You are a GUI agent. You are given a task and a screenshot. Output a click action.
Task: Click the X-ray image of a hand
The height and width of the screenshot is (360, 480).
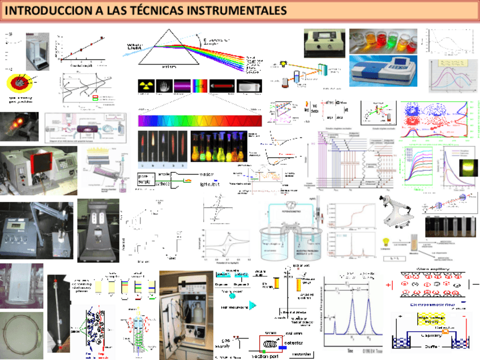pyautogui.click(x=164, y=85)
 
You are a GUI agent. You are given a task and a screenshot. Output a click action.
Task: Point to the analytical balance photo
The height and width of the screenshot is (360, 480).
pyautogui.click(x=37, y=51)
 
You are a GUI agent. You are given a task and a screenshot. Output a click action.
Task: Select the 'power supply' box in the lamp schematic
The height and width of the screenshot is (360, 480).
pyautogui.click(x=146, y=179)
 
